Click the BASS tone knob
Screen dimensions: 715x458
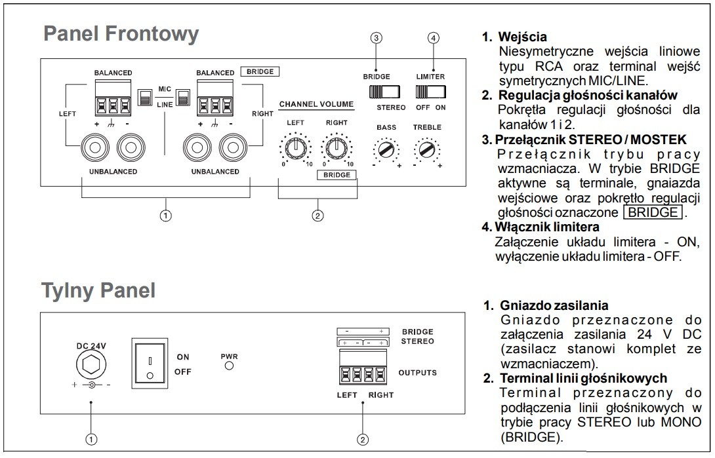(386, 149)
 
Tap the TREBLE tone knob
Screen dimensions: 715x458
(427, 149)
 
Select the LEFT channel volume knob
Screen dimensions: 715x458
(295, 147)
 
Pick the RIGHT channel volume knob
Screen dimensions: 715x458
(337, 147)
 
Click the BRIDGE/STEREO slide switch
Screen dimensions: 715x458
(384, 92)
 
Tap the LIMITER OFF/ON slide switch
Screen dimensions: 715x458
(430, 92)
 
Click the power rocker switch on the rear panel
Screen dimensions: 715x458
(150, 363)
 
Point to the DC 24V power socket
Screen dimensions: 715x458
(91, 365)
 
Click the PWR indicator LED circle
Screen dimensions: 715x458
(230, 365)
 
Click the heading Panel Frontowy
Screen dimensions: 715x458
(121, 33)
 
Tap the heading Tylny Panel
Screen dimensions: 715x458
(98, 290)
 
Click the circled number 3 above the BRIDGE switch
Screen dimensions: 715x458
(377, 38)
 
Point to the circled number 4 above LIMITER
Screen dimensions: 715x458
(433, 38)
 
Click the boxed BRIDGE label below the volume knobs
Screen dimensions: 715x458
(337, 175)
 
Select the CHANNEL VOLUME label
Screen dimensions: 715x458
(316, 104)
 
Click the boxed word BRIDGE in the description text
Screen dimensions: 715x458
(653, 212)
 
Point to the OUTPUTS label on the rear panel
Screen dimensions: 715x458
(418, 372)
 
